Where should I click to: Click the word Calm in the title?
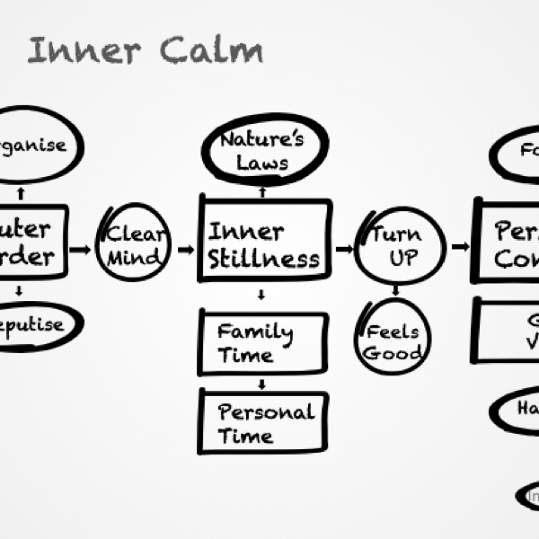tap(211, 50)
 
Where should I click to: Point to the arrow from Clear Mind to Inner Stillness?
tap(186, 249)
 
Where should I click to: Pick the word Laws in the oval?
tap(262, 163)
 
